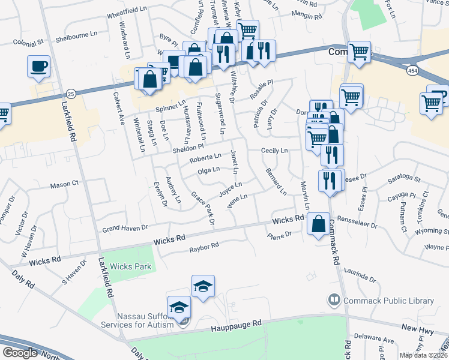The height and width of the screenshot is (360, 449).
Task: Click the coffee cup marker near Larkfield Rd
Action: [x=39, y=66]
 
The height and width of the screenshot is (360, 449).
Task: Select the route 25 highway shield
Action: [x=71, y=94]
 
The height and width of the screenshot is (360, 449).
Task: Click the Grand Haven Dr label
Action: [x=125, y=228]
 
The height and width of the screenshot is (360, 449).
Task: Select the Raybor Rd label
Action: [x=204, y=247]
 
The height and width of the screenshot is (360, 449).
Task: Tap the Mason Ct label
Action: [x=64, y=185]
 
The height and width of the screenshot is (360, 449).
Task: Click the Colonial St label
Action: [x=29, y=43]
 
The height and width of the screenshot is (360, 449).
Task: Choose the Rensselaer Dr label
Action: [x=357, y=222]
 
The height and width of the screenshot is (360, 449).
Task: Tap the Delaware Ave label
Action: [x=373, y=340]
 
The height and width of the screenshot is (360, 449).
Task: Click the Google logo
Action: [x=20, y=352]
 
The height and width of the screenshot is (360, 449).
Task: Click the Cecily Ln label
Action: [x=274, y=151]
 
